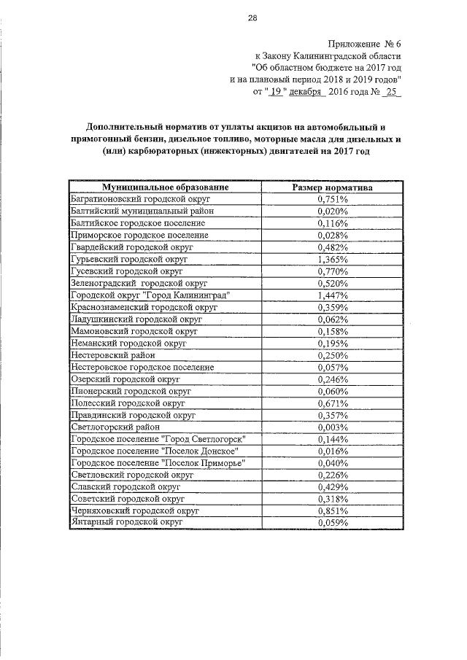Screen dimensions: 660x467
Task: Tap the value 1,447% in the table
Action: [x=333, y=295]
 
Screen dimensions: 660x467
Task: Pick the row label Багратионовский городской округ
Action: [x=140, y=199]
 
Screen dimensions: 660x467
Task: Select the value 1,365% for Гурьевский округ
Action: [x=333, y=259]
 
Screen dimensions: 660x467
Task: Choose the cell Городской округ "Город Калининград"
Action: [x=150, y=295]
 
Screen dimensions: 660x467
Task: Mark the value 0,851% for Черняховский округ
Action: [x=333, y=510]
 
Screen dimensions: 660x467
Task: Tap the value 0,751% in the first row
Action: [x=333, y=199]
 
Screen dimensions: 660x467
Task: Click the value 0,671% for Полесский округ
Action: [x=333, y=403]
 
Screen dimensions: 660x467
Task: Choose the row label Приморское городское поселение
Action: [x=139, y=235]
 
